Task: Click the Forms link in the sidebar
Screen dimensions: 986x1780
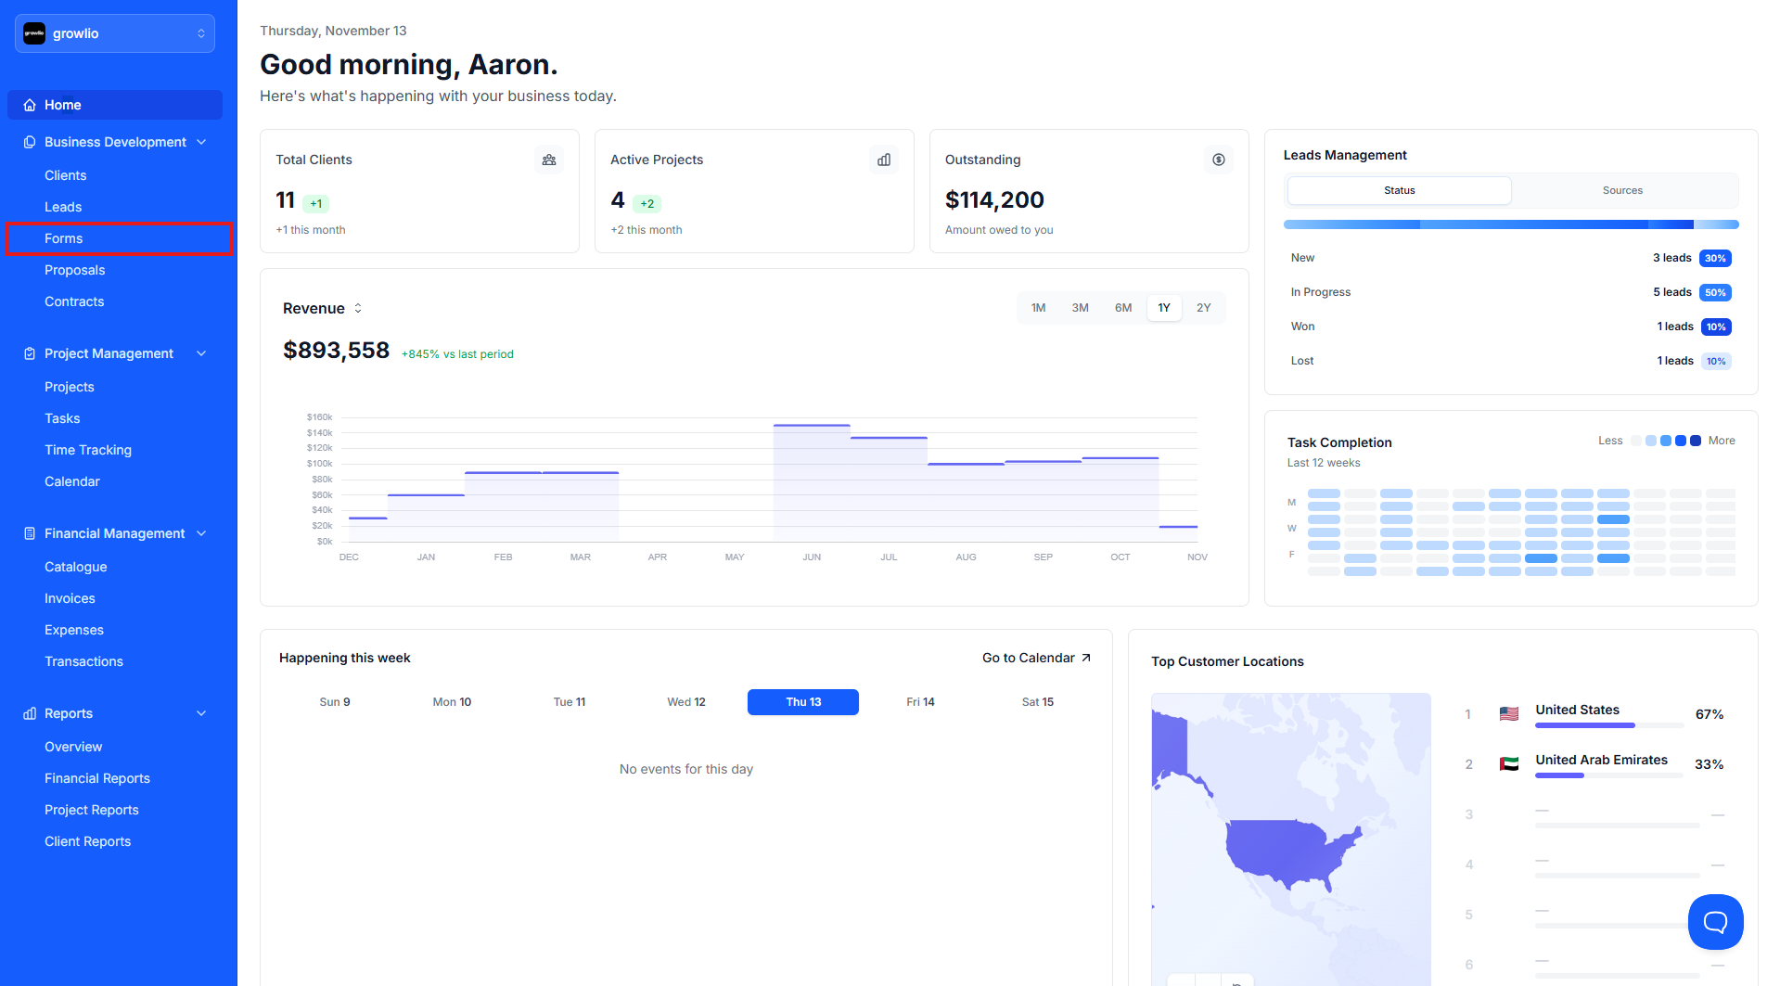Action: pyautogui.click(x=64, y=238)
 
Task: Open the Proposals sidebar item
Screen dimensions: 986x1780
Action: pyautogui.click(x=74, y=270)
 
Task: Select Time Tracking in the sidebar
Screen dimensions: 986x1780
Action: pyautogui.click(x=88, y=450)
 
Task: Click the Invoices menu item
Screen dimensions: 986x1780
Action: pyautogui.click(x=70, y=598)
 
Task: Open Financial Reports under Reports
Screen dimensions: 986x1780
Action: pyautogui.click(x=97, y=778)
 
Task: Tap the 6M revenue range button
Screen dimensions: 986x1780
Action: pyautogui.click(x=1123, y=308)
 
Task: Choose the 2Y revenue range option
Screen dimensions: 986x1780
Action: pyautogui.click(x=1203, y=308)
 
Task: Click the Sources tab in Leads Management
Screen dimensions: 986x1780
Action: pyautogui.click(x=1622, y=190)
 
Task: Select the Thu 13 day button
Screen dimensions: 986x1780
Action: pyautogui.click(x=803, y=702)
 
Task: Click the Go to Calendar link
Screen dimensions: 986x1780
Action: pyautogui.click(x=1036, y=658)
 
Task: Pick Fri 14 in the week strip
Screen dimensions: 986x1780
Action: pyautogui.click(x=920, y=702)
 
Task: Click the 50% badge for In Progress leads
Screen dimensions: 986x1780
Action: pyautogui.click(x=1715, y=292)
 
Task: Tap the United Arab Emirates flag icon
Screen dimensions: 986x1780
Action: pyautogui.click(x=1509, y=763)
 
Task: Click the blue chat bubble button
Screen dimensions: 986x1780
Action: pyautogui.click(x=1715, y=921)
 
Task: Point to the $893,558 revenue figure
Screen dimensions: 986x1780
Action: pyautogui.click(x=336, y=351)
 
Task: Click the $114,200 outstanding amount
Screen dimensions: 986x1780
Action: pyautogui.click(x=994, y=200)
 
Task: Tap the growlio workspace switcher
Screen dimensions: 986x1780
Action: pyautogui.click(x=115, y=33)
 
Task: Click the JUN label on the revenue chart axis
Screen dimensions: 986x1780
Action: pyautogui.click(x=812, y=557)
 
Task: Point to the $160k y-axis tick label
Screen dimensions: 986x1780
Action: pyautogui.click(x=319, y=417)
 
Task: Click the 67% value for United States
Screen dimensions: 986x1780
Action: pyautogui.click(x=1709, y=714)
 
